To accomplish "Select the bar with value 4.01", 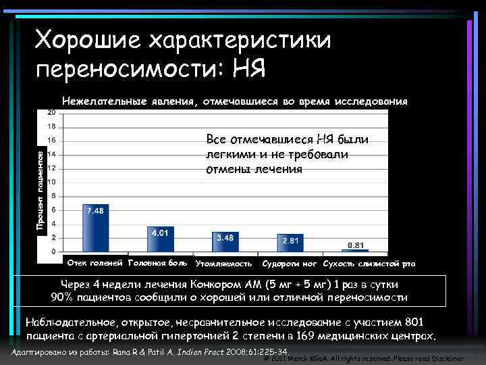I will click(x=160, y=239).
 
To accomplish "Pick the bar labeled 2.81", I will click(x=290, y=243).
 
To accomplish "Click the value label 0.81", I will click(x=357, y=244).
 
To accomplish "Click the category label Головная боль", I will click(x=157, y=262).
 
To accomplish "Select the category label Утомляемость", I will click(x=223, y=263).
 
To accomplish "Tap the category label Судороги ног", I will click(x=290, y=263).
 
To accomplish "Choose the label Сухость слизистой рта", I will click(x=369, y=263).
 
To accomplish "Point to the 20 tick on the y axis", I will click(x=51, y=112).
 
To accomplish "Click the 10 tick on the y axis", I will click(x=51, y=182).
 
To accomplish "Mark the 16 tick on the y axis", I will click(x=51, y=141).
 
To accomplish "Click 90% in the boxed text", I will click(x=65, y=297).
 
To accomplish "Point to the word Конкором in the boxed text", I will click(x=218, y=284).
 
